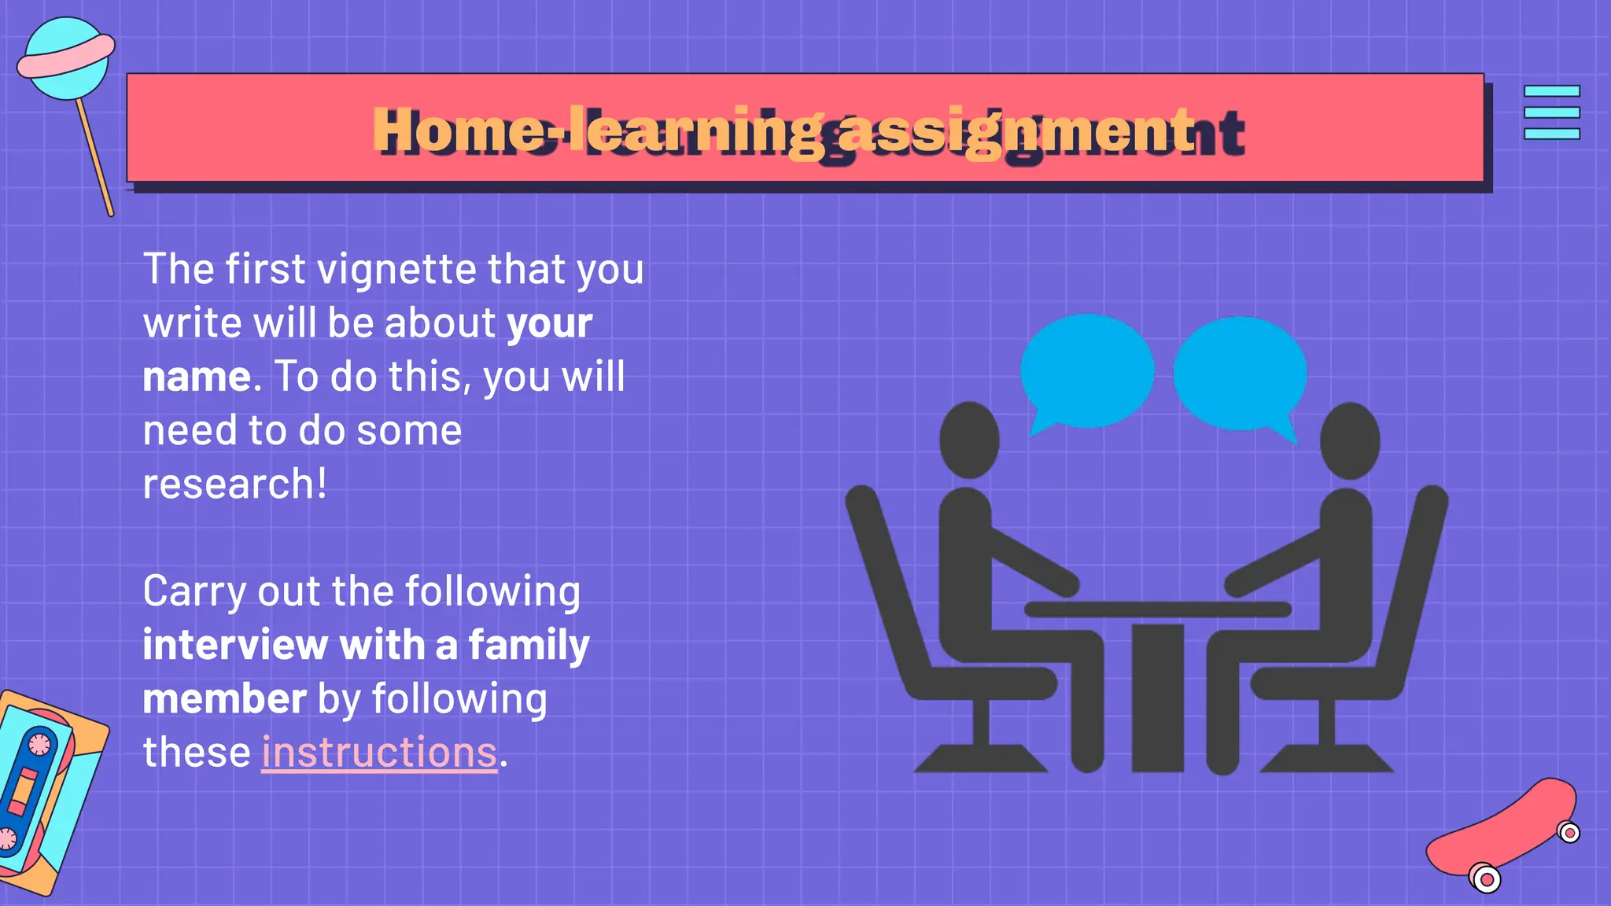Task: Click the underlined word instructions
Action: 379,753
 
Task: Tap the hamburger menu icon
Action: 1551,112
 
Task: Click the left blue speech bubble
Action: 1086,371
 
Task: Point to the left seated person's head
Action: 969,440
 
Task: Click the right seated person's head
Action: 1350,440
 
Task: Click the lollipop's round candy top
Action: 65,60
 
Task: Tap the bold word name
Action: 197,377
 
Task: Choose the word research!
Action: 234,484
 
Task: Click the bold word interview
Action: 234,646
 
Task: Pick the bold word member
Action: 224,699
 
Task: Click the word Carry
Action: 194,592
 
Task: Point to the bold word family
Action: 529,646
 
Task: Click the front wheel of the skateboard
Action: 1485,879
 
